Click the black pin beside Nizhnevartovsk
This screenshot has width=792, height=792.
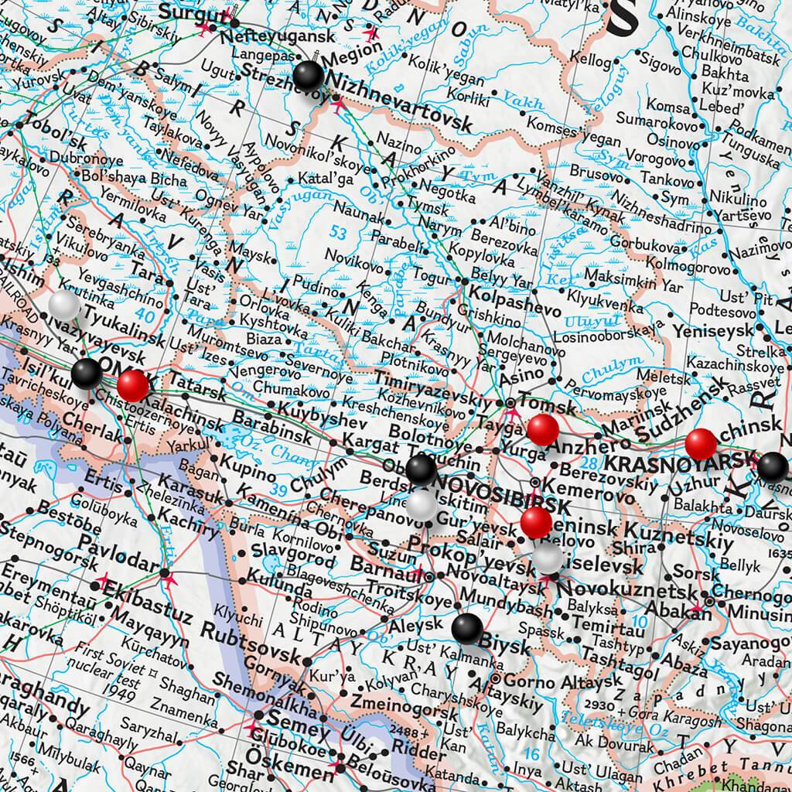coord(309,76)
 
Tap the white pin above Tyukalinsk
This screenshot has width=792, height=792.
coord(64,306)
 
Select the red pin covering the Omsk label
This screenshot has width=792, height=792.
coord(134,384)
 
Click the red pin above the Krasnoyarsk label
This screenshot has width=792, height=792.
coord(701,443)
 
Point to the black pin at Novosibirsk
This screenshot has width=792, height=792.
coord(421,468)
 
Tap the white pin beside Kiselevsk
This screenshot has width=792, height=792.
coord(548,557)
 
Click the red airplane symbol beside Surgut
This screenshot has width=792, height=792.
coord(204,29)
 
